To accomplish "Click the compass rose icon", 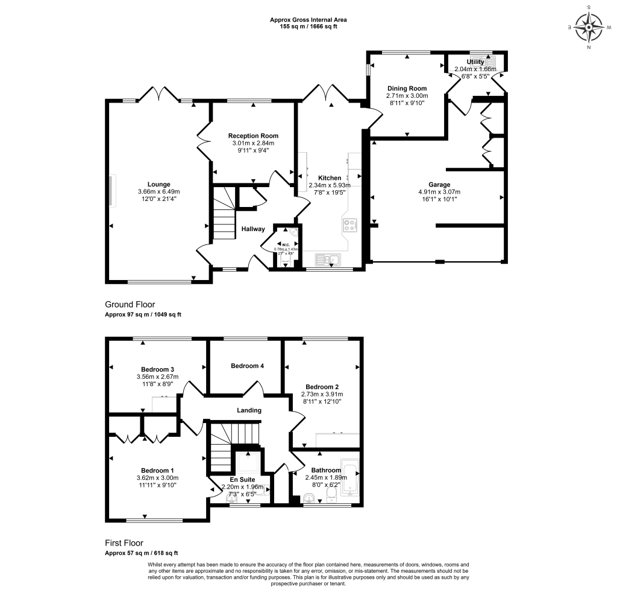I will coord(589,27).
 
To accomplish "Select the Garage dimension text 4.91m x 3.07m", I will coord(439,192).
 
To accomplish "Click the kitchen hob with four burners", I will coord(349,225).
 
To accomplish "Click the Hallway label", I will coord(253,229).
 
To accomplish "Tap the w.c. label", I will coord(287,244).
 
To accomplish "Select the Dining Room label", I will coord(407,89).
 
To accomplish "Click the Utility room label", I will coord(475,62).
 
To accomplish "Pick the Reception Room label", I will coord(253,136).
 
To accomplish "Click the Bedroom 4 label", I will coord(247,366).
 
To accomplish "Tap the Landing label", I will coord(249,410).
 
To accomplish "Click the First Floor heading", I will coord(124,543).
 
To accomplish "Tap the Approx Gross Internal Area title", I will coord(308,20).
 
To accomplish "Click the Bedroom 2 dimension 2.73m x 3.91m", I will coord(322,395).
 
